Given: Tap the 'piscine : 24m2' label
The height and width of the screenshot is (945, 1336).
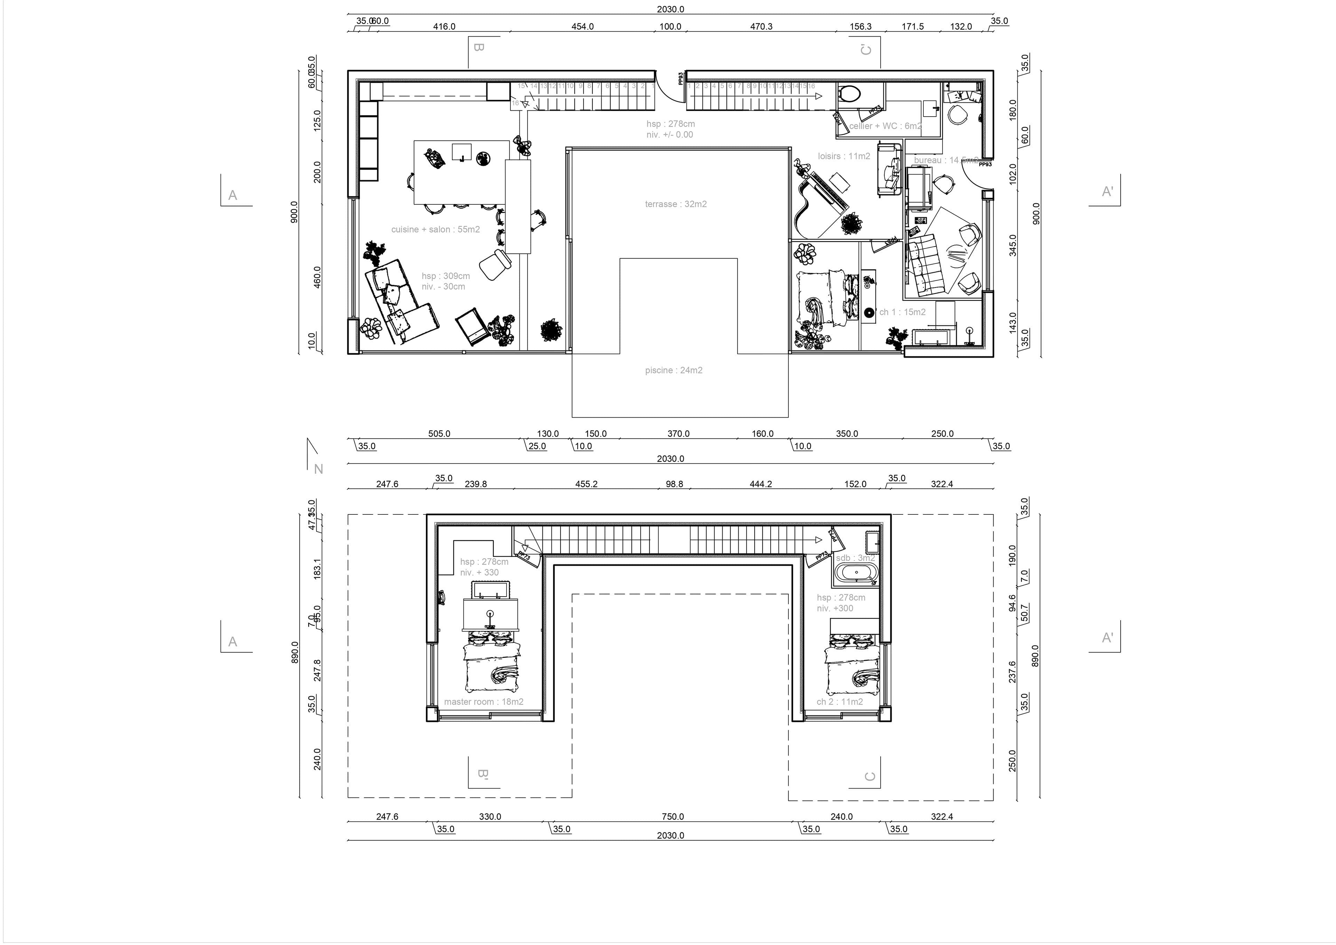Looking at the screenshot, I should coord(673,370).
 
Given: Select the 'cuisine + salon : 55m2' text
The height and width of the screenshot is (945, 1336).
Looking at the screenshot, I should coord(435,229).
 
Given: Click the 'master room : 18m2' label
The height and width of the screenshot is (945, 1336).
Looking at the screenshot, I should coord(484,702).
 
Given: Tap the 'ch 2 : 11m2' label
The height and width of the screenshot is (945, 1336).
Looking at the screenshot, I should coord(839,702).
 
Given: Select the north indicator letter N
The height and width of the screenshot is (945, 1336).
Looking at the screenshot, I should coord(318,469).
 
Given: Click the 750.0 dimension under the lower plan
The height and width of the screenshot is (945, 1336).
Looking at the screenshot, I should coord(673,816).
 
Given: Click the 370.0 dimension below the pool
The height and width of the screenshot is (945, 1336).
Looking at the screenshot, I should coord(678,434).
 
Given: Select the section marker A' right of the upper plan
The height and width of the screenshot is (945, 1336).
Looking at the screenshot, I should coord(1107,191).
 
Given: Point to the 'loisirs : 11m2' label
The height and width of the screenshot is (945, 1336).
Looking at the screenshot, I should coord(844,156).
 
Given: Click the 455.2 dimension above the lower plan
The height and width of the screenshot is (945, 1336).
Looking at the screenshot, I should coord(586,484).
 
